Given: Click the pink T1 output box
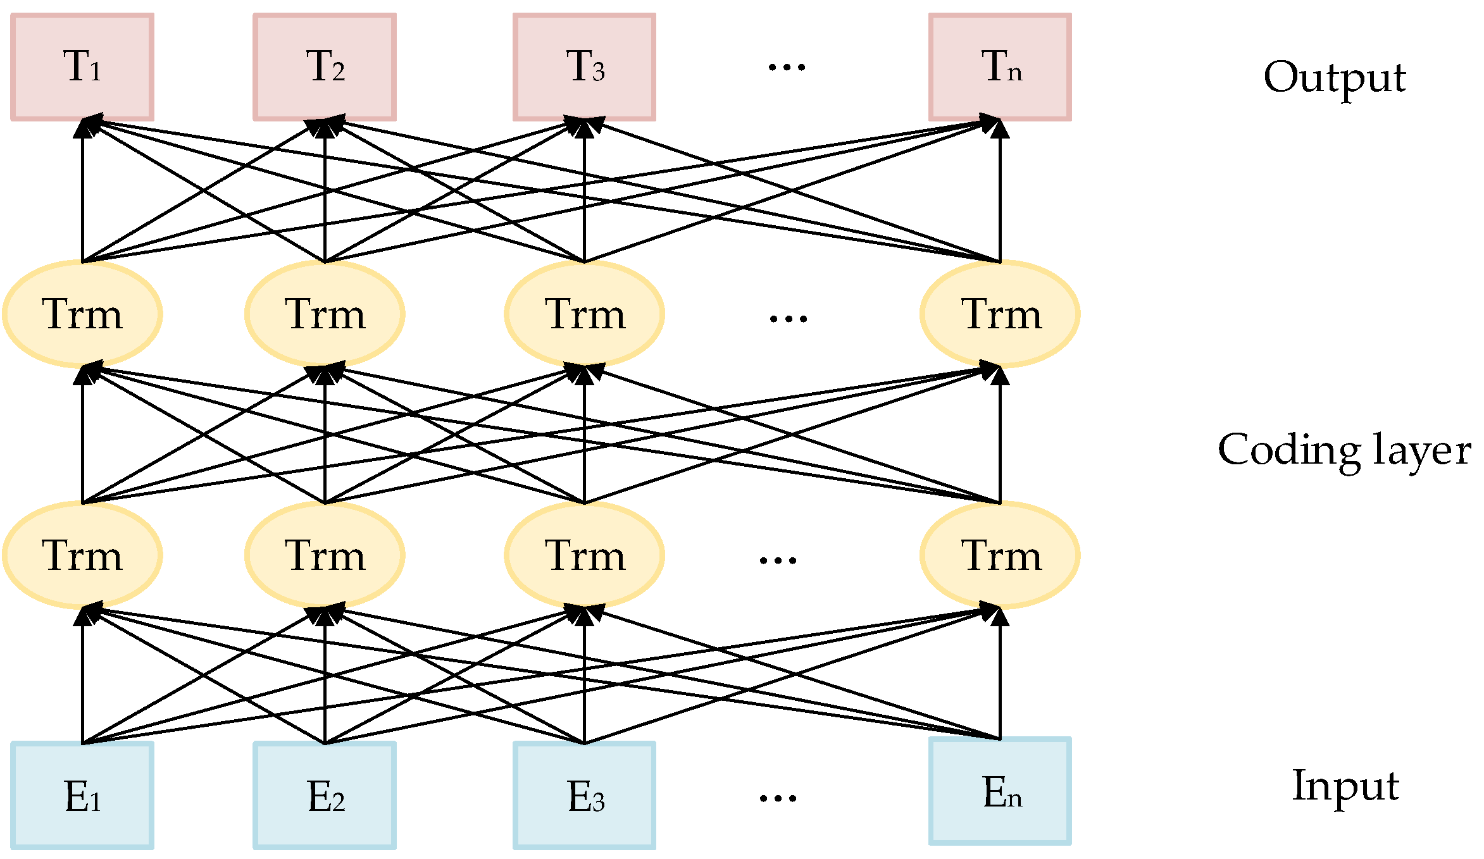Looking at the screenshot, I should [x=82, y=67].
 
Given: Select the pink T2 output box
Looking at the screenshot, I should [x=325, y=67].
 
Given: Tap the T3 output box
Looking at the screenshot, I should [x=584, y=67].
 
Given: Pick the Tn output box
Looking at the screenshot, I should [x=1000, y=67].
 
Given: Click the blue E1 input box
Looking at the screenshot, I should [x=82, y=795].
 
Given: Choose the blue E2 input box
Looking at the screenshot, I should [x=325, y=795].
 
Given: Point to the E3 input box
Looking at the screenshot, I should [x=584, y=795].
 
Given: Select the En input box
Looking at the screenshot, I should [x=1000, y=791].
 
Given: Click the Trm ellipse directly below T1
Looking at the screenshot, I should [x=82, y=314].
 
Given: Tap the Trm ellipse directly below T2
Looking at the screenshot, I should [x=325, y=314].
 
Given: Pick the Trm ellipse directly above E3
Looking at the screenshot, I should [x=584, y=555].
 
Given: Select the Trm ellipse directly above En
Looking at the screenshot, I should [x=1000, y=555].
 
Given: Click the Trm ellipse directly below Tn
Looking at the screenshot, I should [x=1000, y=314].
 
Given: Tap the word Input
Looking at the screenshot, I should [x=1345, y=786].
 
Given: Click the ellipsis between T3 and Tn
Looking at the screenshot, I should [x=787, y=67].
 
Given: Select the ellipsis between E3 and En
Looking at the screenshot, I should [x=778, y=798].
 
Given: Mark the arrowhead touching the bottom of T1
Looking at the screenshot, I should [x=83, y=127].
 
